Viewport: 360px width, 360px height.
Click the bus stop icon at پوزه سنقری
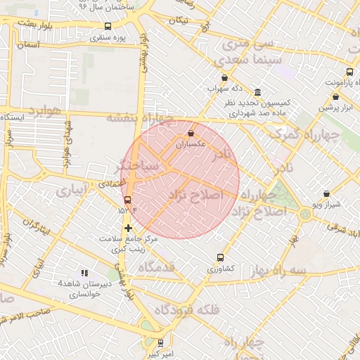click(108, 27)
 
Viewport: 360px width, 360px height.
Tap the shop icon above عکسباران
click(191, 133)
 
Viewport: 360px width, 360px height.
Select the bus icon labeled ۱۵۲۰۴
click(127, 199)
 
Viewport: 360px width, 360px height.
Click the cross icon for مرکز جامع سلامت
click(127, 228)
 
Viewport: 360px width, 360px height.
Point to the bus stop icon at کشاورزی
click(221, 257)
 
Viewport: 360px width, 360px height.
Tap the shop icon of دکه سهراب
click(224, 78)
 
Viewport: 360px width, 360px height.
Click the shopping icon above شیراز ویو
click(326, 193)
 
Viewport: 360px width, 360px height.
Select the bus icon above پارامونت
click(350, 72)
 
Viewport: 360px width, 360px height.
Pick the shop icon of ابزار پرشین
click(336, 97)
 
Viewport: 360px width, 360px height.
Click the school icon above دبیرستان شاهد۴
click(84, 272)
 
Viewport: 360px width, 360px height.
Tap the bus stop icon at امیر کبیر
click(161, 343)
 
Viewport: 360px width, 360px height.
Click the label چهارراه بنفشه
click(139, 118)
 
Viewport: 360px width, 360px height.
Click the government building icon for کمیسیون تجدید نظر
click(257, 92)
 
